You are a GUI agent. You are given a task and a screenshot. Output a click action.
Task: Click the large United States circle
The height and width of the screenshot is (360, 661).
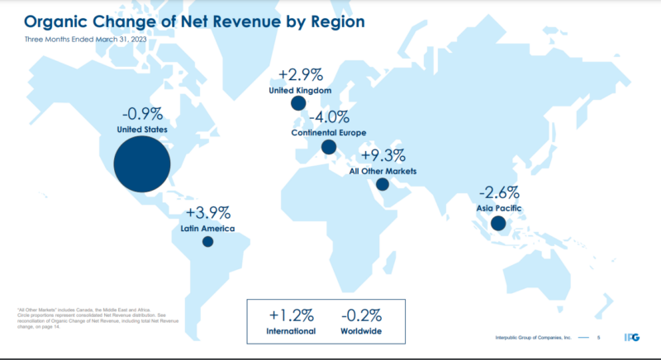coord(142,164)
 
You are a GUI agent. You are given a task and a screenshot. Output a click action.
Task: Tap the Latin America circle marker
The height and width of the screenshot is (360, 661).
coord(207,242)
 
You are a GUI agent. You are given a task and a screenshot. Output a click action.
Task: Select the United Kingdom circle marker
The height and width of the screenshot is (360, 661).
coord(297,103)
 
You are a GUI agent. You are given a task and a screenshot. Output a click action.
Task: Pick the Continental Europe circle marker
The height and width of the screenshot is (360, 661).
coord(329,148)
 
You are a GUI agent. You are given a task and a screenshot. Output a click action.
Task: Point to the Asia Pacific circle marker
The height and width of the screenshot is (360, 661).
coord(497,223)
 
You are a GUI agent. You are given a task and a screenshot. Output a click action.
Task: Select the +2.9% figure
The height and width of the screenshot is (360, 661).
coord(301,74)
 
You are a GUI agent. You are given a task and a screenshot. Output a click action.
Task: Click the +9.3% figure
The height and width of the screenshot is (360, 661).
coord(382,156)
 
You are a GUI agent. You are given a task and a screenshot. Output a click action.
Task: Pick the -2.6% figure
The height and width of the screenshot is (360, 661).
coord(498,192)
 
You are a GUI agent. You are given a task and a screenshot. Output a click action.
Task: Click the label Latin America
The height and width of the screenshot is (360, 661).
coord(207,228)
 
